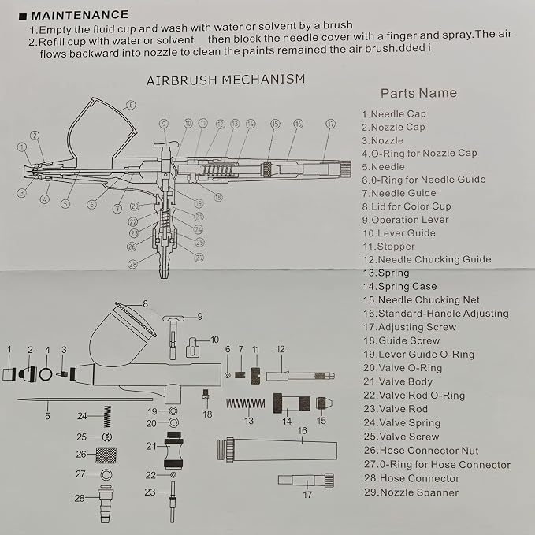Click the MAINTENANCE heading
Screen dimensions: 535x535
80,15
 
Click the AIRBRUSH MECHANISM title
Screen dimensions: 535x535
225,80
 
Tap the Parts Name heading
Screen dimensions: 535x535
418,93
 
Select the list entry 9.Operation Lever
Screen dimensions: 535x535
405,220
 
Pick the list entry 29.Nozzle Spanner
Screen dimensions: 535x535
411,492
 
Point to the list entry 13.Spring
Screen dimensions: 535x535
386,273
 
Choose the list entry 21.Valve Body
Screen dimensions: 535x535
398,381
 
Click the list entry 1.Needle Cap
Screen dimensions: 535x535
394,114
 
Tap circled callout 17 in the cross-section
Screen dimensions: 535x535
331,124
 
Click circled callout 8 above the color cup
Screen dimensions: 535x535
131,105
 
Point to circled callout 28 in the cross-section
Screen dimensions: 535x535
132,264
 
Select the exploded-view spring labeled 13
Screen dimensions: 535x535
246,403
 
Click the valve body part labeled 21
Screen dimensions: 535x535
173,450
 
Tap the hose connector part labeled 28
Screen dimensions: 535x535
106,504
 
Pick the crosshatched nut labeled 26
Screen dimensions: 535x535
106,455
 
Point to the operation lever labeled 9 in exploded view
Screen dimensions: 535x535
173,336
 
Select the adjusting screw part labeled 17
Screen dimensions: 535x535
306,480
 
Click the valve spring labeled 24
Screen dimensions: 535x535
107,416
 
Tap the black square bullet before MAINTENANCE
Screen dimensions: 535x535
23,17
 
